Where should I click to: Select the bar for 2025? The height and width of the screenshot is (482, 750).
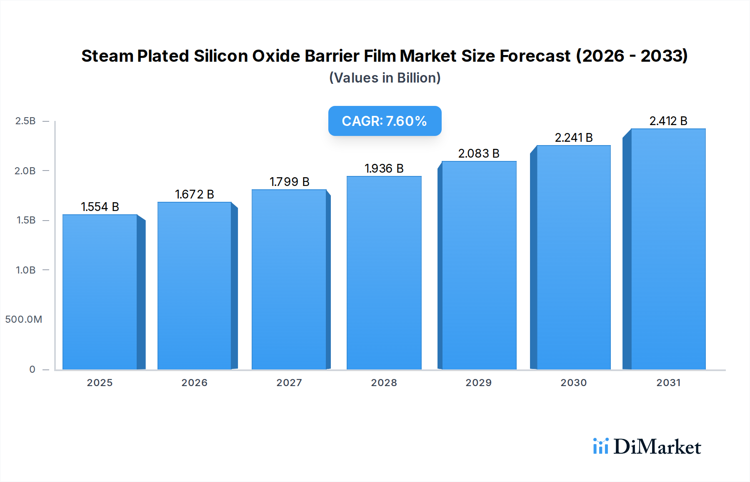click(x=100, y=292)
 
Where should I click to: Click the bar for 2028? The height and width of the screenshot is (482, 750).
click(x=384, y=273)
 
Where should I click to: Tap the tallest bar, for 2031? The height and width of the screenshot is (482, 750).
click(x=668, y=249)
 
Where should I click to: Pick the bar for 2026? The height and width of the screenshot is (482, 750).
click(x=194, y=286)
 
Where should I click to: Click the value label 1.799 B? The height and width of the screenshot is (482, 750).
click(x=289, y=182)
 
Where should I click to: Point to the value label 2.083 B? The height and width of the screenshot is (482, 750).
click(x=479, y=153)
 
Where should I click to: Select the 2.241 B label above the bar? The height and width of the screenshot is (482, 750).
click(x=573, y=138)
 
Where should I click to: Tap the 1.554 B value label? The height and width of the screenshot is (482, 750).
click(x=100, y=207)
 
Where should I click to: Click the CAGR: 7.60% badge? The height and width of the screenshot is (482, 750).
click(x=385, y=121)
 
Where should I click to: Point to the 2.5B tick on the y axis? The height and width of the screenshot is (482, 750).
click(x=25, y=121)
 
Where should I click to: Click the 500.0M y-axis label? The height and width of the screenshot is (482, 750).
click(x=24, y=319)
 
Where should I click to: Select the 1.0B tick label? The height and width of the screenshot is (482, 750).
click(x=25, y=270)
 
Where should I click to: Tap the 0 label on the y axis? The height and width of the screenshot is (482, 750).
click(x=32, y=369)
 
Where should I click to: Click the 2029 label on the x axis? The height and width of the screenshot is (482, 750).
click(x=478, y=383)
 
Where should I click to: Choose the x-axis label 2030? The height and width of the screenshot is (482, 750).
click(x=573, y=383)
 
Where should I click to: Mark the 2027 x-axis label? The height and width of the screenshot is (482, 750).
click(x=289, y=383)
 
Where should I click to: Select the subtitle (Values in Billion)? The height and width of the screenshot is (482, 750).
click(x=385, y=78)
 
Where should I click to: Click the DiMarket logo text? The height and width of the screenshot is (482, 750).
click(x=657, y=447)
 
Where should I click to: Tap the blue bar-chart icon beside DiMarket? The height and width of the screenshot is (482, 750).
click(x=600, y=446)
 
